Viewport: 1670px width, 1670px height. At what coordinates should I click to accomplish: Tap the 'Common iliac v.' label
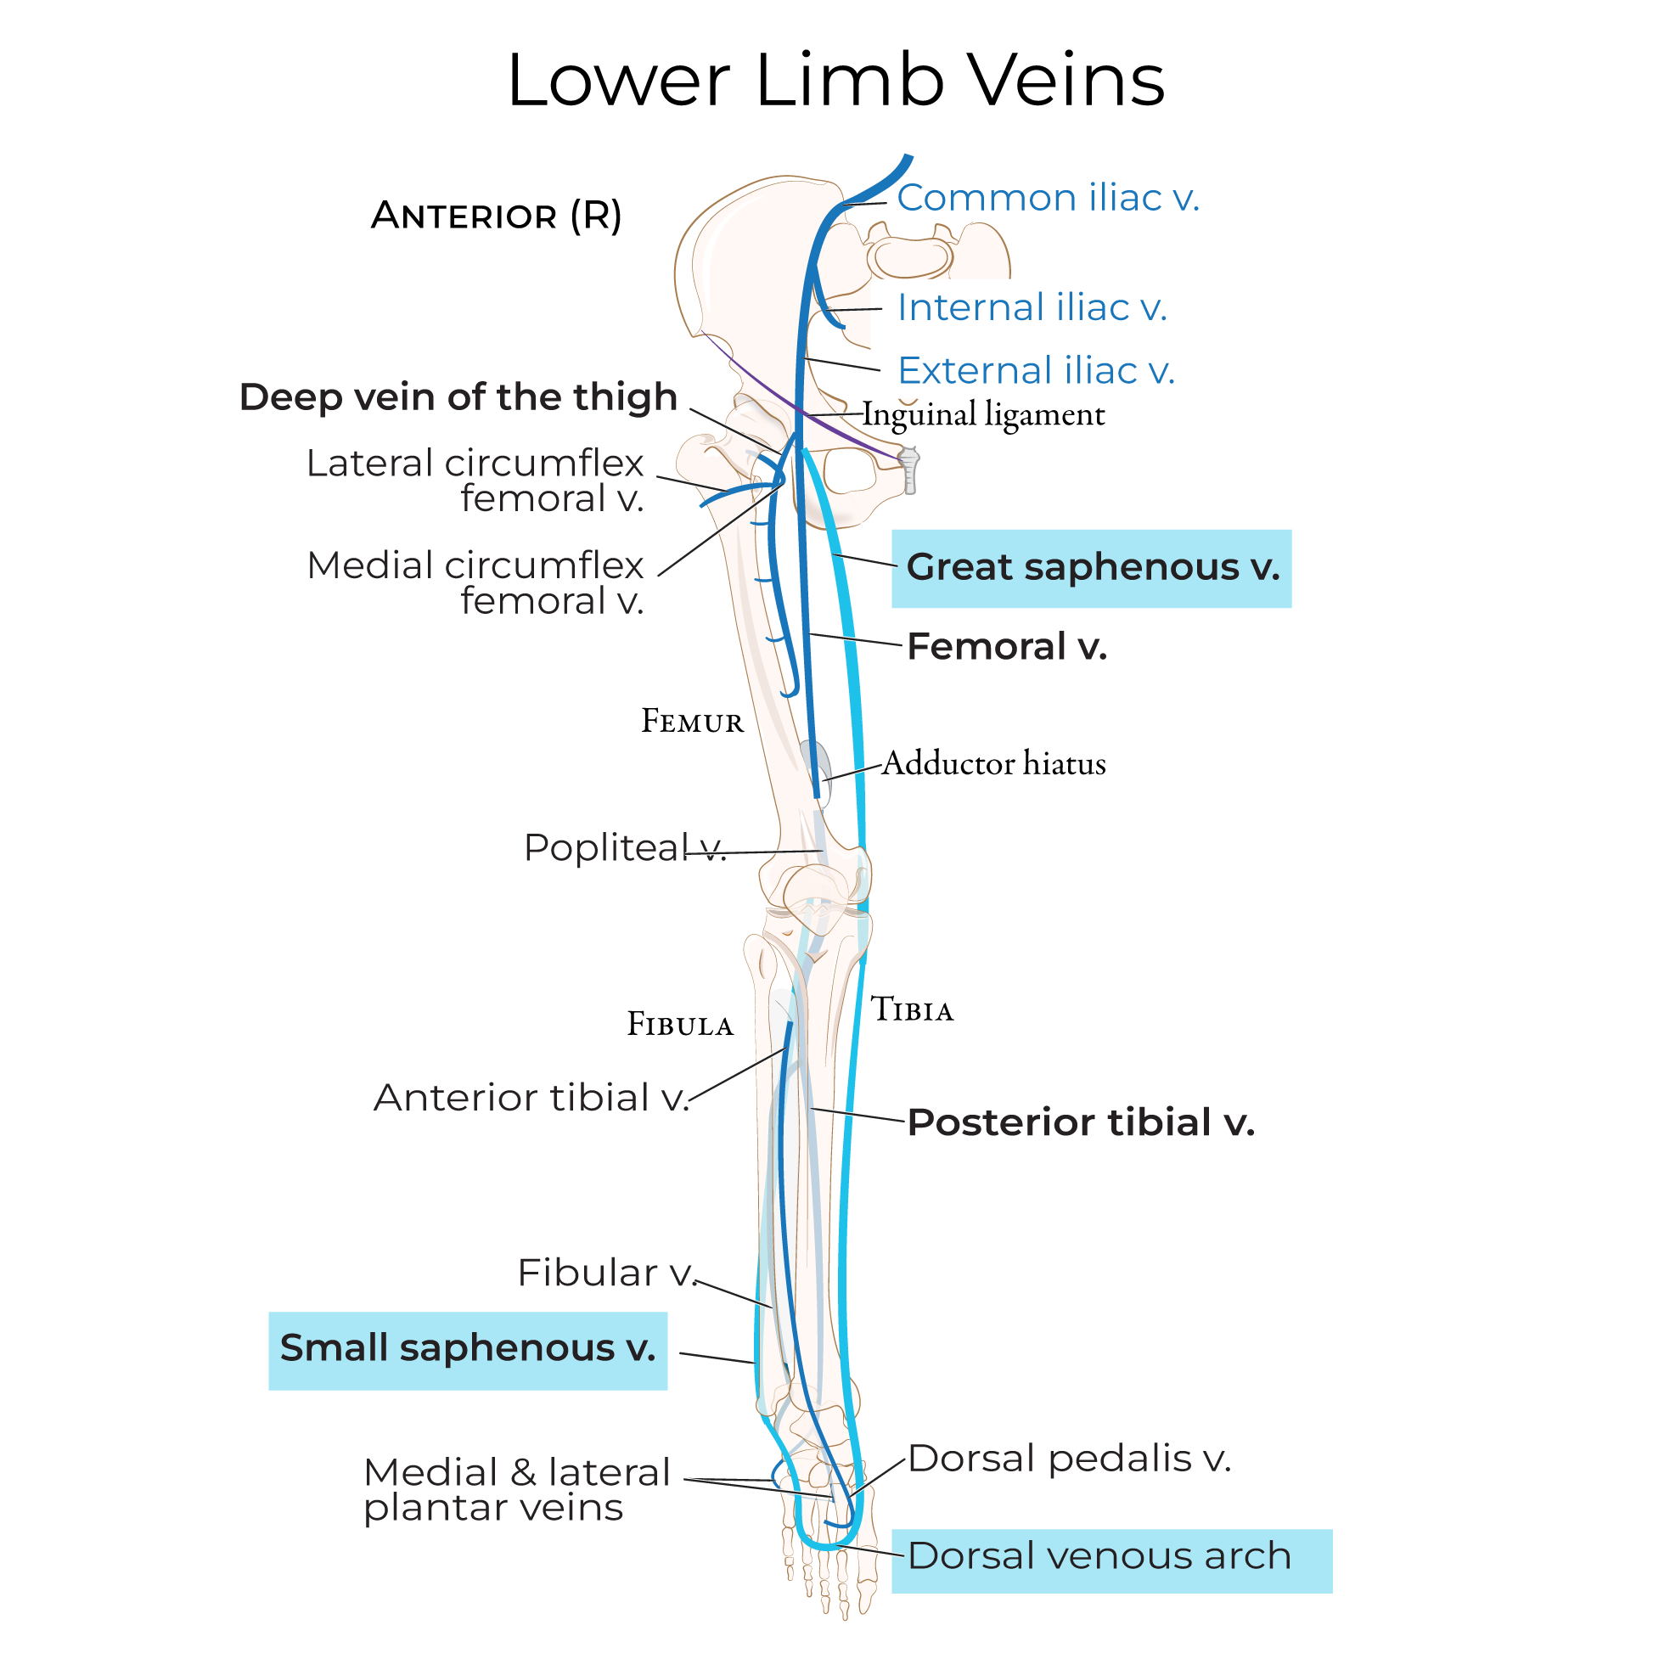click(1048, 198)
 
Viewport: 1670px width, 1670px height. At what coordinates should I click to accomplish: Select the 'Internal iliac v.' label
click(1032, 307)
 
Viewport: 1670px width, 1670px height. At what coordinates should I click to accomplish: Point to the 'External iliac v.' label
click(1036, 371)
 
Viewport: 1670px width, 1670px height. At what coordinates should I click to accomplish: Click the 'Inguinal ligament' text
click(984, 415)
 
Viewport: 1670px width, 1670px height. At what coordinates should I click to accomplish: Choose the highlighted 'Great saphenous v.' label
click(1092, 568)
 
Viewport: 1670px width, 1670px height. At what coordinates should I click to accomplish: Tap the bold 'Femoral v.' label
click(1007, 647)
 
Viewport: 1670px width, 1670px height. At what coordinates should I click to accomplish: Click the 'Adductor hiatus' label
click(994, 764)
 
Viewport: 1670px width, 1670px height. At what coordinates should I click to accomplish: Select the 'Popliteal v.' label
click(624, 848)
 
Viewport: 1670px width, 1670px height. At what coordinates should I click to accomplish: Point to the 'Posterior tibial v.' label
click(1081, 1123)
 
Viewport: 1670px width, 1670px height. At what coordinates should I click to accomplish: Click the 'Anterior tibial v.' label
click(531, 1098)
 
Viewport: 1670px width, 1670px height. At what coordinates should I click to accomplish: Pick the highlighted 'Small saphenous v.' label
click(468, 1348)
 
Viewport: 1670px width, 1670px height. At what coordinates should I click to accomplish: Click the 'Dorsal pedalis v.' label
click(1069, 1459)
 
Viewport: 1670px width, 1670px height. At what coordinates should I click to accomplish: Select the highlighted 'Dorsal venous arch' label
click(1099, 1557)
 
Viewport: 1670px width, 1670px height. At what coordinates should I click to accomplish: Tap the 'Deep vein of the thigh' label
click(458, 397)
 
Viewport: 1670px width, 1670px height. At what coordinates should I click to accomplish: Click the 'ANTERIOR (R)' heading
click(496, 216)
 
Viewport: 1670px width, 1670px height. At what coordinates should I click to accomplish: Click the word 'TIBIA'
click(912, 1010)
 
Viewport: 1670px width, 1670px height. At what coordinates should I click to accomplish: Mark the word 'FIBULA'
click(680, 1025)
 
